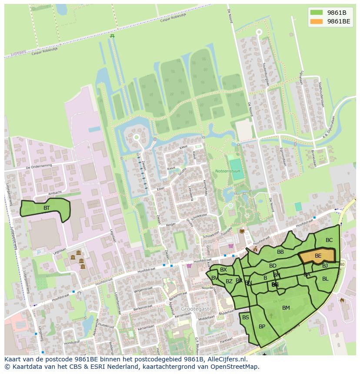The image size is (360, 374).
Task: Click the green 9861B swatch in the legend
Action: [x=317, y=13]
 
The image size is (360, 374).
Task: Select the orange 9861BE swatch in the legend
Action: [x=317, y=21]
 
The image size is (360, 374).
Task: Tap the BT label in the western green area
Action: [x=47, y=208]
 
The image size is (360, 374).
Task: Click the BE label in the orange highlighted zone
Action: [x=318, y=256]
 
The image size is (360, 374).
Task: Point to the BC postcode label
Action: [x=329, y=240]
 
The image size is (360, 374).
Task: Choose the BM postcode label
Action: [x=286, y=308]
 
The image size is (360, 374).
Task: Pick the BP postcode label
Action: [x=262, y=327]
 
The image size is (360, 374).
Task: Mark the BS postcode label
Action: [x=246, y=318]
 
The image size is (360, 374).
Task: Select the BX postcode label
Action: [x=223, y=270]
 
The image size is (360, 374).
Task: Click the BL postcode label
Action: [x=325, y=279]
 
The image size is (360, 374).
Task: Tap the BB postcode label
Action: [x=280, y=252]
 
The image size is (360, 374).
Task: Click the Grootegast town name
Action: [x=195, y=308]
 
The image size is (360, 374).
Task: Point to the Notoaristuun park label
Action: [x=227, y=171]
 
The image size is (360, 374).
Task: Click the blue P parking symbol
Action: [x=39, y=252]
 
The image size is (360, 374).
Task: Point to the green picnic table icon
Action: [x=112, y=36]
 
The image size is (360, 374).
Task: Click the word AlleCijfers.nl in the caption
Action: [x=226, y=359]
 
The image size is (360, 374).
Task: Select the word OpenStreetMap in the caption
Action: [x=237, y=367]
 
